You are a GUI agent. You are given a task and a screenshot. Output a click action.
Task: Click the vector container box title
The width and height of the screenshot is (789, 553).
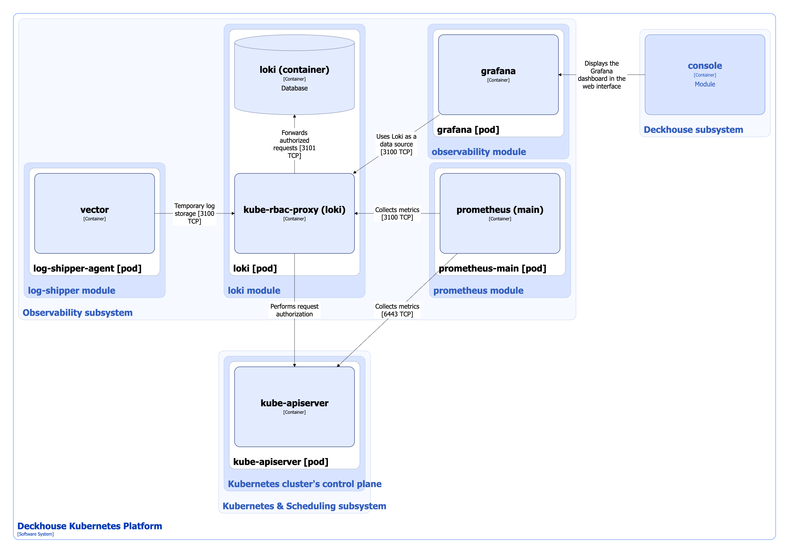coord(95,210)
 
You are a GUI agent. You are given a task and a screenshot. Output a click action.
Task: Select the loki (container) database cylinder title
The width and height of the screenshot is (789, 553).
coord(294,70)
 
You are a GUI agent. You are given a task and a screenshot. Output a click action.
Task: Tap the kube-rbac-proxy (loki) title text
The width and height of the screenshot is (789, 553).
coord(294,210)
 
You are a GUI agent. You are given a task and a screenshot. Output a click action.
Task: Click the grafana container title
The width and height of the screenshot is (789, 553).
coord(498,71)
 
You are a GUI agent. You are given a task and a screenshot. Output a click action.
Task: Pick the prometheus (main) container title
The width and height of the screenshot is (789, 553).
coord(500,210)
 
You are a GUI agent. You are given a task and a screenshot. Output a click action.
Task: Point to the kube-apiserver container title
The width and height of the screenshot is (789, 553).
coord(294,403)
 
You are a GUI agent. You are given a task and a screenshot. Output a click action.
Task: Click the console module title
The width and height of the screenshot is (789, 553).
coord(705,66)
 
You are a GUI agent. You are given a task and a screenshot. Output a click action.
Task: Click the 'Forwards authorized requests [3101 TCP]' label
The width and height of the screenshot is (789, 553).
coord(294,144)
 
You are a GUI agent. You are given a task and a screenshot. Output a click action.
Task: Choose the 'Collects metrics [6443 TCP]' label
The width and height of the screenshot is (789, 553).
coord(397,310)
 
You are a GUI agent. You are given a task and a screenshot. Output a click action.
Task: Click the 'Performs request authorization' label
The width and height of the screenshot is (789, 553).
coord(294,310)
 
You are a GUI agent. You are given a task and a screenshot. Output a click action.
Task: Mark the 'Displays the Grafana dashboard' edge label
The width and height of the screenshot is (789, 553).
coord(601,75)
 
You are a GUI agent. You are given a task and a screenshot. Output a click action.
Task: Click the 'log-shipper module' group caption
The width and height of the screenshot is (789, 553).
coord(71,291)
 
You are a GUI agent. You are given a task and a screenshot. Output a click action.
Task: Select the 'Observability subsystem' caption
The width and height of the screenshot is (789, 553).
coord(77,313)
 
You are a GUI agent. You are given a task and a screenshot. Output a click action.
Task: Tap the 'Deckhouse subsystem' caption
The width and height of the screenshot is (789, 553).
coord(693,130)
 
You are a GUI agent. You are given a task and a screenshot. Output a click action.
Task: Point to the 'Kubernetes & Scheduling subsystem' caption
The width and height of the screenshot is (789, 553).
coord(304,506)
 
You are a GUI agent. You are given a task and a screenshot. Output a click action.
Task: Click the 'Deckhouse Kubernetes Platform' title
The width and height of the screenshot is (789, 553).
coord(90,526)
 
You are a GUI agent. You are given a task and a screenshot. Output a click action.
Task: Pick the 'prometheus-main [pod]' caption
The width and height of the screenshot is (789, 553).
coord(492,269)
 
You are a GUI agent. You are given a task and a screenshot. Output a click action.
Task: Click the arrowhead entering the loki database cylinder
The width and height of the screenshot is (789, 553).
coord(294,117)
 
